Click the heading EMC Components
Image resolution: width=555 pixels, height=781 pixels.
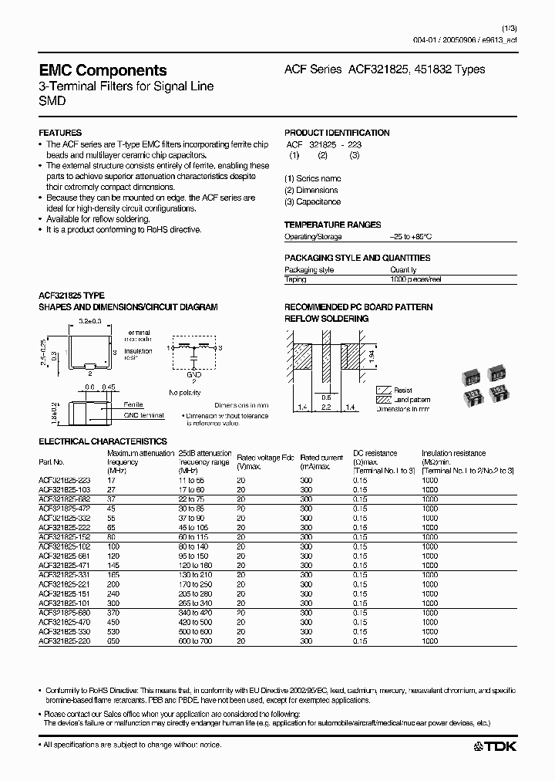(x=103, y=70)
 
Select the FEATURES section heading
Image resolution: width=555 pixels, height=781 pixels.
(x=60, y=133)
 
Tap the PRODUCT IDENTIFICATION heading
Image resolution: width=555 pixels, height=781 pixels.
(x=337, y=133)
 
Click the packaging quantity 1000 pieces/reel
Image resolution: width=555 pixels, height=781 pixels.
(x=415, y=279)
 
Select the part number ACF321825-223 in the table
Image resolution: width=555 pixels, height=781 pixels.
(x=64, y=480)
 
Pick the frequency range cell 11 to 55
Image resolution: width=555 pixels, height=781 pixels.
(x=193, y=480)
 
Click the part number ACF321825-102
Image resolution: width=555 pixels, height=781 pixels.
(x=64, y=546)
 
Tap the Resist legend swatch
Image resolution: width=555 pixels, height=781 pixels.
(x=383, y=390)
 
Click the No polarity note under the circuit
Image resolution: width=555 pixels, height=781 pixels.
(x=185, y=392)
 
